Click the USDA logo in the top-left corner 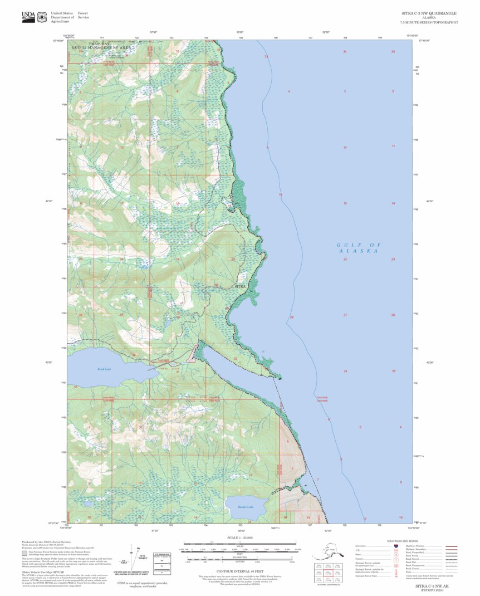click(27, 16)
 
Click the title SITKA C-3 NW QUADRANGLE click(429, 12)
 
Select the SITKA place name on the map click(241, 286)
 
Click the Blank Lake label click(105, 369)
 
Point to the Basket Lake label click(246, 507)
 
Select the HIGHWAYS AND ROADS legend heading click(402, 541)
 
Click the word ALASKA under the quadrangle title click(429, 17)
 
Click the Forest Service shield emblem click(42, 16)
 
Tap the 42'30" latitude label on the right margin click(429, 201)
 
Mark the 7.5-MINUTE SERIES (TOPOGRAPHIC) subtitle click(429, 22)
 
